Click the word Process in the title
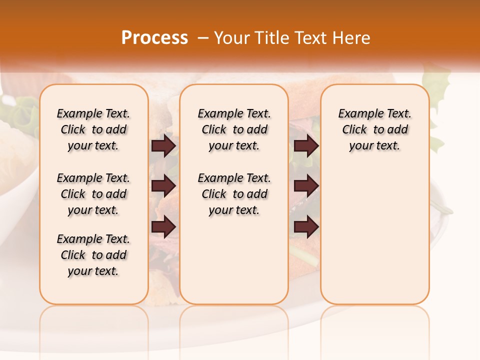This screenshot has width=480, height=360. (154, 38)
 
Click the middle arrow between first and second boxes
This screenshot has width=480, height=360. (163, 186)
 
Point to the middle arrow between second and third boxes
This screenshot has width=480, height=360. (306, 186)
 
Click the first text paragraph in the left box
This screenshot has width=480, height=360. (93, 129)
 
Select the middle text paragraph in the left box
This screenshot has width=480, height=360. (93, 194)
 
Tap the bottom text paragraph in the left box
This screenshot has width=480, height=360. (93, 255)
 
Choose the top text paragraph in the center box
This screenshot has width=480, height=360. (234, 129)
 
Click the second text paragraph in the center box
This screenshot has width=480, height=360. (234, 194)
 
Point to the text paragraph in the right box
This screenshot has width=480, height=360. (374, 129)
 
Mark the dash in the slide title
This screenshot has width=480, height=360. (202, 38)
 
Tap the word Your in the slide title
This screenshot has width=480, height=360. (232, 38)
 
